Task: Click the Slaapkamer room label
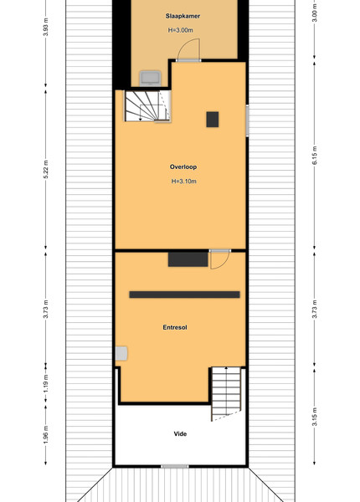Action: (183, 16)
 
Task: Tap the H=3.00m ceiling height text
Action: (180, 30)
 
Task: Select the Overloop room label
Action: (183, 166)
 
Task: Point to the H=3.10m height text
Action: (184, 182)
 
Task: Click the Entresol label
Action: (175, 327)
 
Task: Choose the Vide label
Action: (180, 433)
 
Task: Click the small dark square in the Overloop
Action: (213, 120)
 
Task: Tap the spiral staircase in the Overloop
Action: (147, 106)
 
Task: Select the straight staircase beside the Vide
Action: (226, 394)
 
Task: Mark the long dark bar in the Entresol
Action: (184, 295)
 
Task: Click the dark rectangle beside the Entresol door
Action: (188, 259)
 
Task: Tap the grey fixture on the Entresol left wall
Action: (121, 353)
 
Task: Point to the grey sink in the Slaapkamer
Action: (150, 79)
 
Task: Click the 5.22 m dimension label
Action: (46, 169)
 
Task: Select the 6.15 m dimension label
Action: (315, 156)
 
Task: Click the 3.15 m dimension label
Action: (315, 417)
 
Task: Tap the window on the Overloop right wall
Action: (247, 120)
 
